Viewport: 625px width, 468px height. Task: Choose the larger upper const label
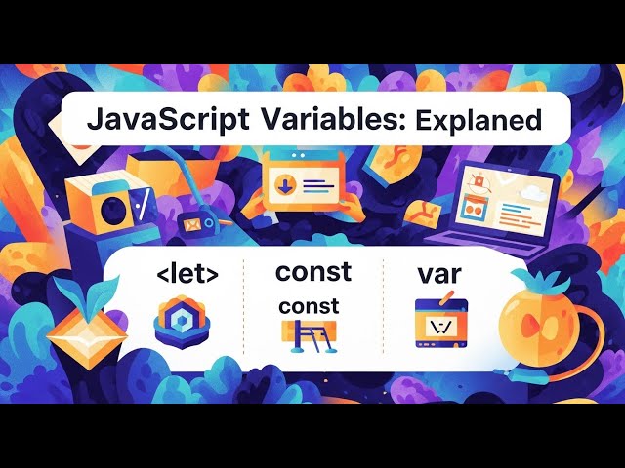coord(313,271)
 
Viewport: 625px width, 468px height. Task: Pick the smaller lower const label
coord(309,306)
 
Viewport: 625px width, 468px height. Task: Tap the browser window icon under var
coord(437,324)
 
